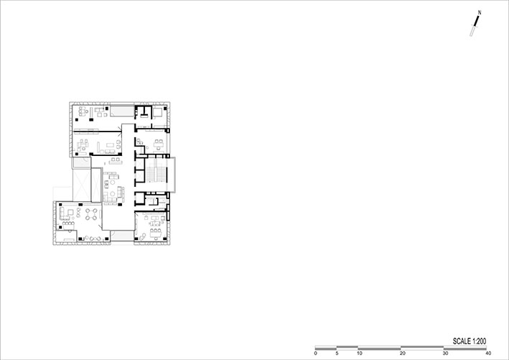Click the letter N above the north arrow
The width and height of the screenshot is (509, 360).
point(480,13)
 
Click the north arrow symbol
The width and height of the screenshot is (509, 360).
point(475,26)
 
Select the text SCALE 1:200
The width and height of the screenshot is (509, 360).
point(470,341)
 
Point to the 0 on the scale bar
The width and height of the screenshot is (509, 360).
point(316,354)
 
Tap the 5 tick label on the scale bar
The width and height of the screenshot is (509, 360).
point(337,354)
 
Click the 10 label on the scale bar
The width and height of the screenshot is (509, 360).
point(360,354)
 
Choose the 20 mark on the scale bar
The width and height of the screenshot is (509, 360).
point(403,354)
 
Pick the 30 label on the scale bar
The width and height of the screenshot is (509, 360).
point(446,354)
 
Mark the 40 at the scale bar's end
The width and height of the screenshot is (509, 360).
point(488,354)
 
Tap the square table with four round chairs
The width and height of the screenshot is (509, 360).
point(91,214)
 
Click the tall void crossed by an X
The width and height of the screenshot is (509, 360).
point(81,185)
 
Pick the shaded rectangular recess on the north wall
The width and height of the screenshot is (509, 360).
point(122,111)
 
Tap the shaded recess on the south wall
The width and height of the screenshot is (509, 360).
point(122,236)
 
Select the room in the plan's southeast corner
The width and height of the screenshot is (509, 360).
point(151,226)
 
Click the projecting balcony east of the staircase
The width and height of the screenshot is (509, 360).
point(172,175)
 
